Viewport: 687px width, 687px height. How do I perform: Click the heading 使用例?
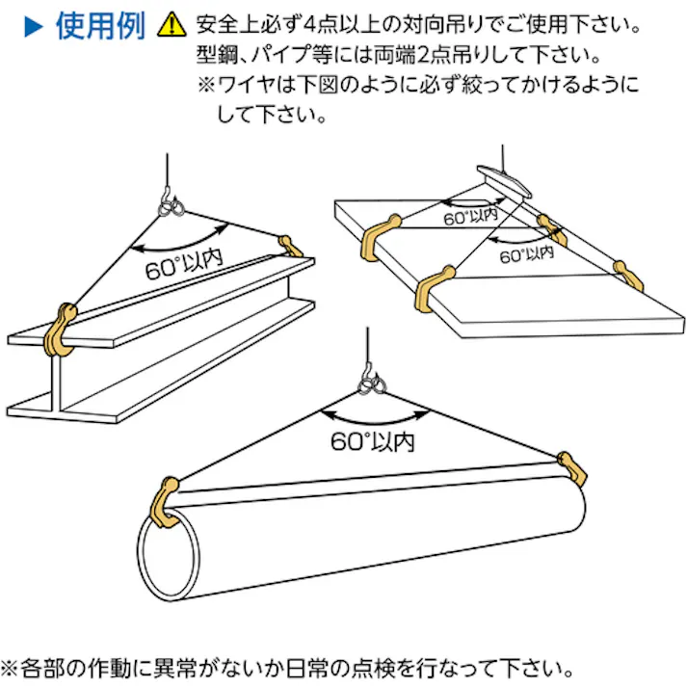click(99, 25)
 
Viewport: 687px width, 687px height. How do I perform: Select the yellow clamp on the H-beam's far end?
click(290, 244)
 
